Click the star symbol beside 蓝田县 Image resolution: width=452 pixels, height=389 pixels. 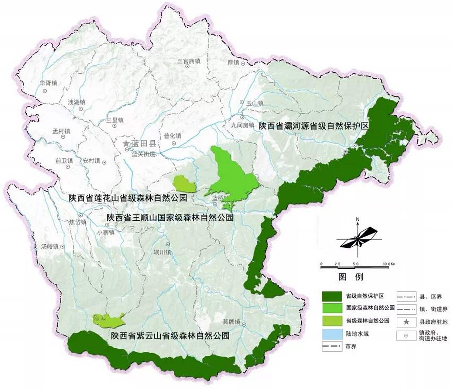[126, 144]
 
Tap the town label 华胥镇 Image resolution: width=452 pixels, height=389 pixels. [48, 83]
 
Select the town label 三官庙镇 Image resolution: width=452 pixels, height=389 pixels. [189, 61]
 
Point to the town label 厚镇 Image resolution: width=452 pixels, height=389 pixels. [233, 63]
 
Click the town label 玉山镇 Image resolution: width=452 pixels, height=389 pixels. [255, 103]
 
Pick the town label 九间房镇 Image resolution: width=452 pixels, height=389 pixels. [242, 125]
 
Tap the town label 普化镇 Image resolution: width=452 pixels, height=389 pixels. [172, 136]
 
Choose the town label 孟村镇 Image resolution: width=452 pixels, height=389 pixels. [61, 131]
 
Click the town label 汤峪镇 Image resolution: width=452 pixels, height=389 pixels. [50, 246]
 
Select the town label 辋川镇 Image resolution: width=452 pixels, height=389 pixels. [163, 252]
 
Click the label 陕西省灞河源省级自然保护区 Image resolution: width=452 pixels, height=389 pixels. [313, 126]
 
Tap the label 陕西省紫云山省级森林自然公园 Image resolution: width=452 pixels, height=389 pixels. [170, 336]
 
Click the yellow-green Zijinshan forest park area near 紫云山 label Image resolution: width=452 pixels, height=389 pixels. [108, 320]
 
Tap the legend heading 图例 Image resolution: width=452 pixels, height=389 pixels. [351, 277]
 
